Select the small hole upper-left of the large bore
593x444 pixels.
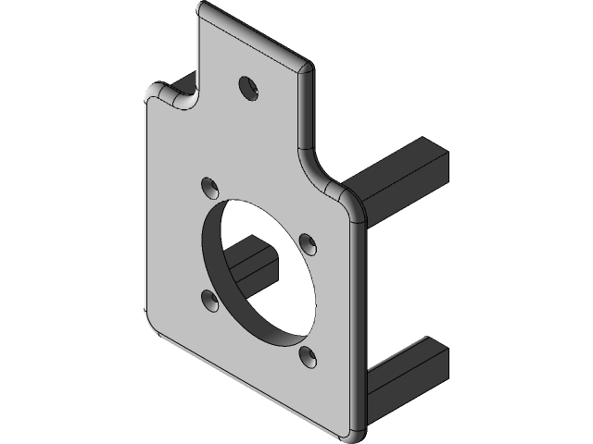point(210,188)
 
